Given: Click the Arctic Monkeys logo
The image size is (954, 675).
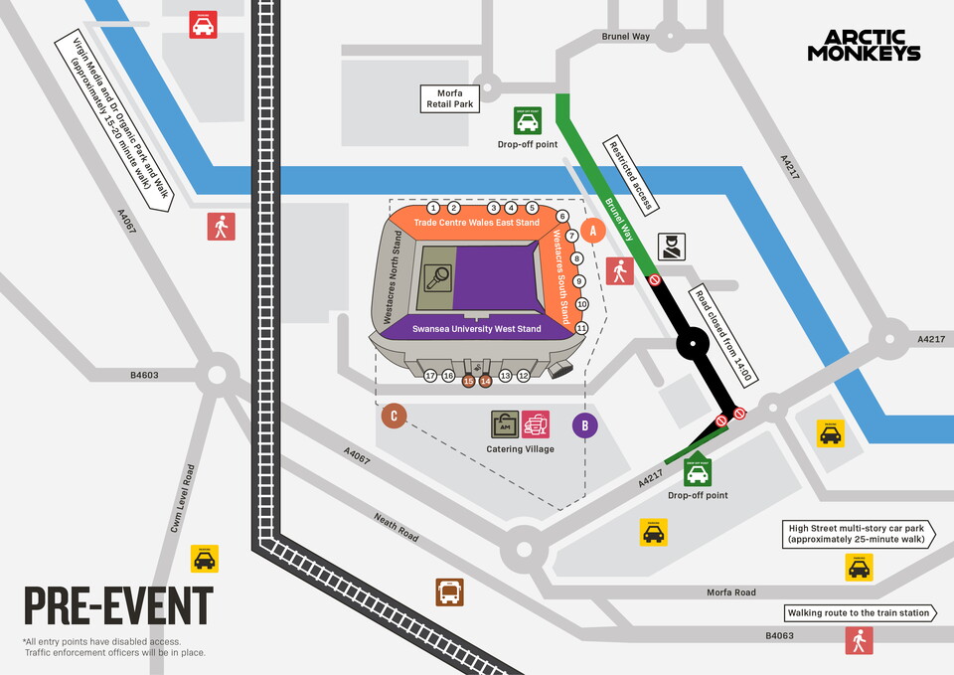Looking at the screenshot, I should coord(864,46).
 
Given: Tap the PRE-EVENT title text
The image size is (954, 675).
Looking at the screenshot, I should coord(118,606).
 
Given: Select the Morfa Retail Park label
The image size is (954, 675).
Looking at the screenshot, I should coord(447,97).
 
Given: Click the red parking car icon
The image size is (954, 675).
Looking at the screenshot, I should coord(204,25).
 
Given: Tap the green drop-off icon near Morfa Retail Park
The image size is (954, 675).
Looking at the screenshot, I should coord(527,120).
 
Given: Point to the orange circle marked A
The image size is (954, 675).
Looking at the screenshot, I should coord(593,230).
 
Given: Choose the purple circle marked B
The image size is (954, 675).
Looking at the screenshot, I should coord(585,425).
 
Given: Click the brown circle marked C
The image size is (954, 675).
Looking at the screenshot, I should coord(395,417).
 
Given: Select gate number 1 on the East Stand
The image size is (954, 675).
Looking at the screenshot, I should coord(433,208).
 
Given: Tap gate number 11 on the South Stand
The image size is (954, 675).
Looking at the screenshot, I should coord(582,328).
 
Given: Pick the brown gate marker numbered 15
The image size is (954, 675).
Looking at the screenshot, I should coord(468,380).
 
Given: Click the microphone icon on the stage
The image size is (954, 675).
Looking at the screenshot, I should coord(437,277).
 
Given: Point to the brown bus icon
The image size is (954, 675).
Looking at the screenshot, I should coord(449,592).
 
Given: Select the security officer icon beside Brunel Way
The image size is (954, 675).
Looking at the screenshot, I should coord(671,247).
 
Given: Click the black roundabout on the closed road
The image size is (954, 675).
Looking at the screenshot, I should coord(691,346).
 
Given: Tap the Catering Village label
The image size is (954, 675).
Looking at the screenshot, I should coord(520,449).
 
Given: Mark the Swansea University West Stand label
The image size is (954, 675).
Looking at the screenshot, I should coord(477,329).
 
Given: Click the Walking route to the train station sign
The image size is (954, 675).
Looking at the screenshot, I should coord(859,613).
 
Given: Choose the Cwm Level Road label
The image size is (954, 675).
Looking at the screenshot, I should coord(180,497).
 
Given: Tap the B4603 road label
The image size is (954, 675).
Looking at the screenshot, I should coord(145,376).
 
